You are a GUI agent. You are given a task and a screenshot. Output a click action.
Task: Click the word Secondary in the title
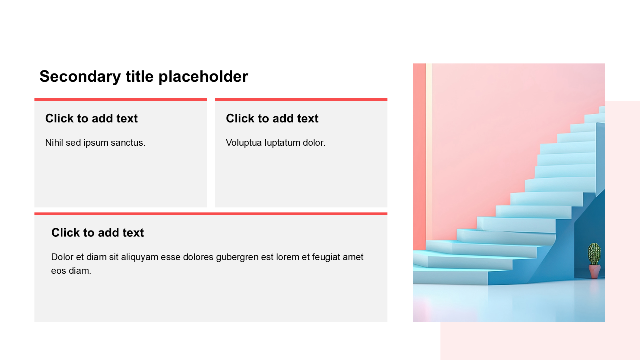point(80,77)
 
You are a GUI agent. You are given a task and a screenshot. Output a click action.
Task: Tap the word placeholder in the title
point(203,77)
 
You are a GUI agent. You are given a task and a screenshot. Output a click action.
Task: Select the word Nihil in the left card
point(54,142)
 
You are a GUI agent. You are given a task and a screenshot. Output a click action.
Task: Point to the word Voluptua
point(244,143)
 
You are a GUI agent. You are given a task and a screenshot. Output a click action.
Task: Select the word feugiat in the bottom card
point(326,257)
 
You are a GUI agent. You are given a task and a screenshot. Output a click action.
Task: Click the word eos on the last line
point(59,271)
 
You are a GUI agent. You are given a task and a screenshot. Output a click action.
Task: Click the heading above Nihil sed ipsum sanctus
point(91,118)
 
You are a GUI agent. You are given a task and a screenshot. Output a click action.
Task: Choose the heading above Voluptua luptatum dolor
point(272,118)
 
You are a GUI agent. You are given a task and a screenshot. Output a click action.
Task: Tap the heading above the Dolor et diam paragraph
point(97,233)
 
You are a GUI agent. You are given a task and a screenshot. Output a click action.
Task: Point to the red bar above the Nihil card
point(121,100)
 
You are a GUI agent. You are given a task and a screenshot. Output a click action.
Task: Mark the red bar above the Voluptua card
point(301,100)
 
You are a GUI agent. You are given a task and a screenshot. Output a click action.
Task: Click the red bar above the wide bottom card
point(211,214)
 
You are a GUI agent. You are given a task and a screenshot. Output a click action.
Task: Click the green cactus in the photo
point(594,254)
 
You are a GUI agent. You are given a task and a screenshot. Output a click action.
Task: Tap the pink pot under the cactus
point(595,271)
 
